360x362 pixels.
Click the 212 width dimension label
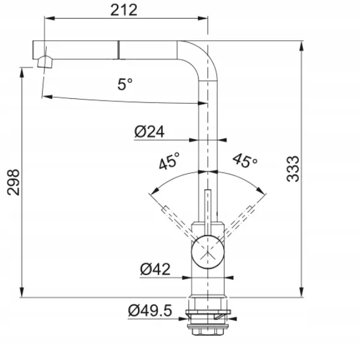124,10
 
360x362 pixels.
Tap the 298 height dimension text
13,182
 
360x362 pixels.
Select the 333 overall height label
293,169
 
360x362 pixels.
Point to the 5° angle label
125,84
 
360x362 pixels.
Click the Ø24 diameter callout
149,132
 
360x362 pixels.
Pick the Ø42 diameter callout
155,269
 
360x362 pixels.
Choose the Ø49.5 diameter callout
150,310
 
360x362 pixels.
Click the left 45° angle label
169,161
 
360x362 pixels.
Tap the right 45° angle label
245,160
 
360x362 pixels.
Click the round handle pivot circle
208,252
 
